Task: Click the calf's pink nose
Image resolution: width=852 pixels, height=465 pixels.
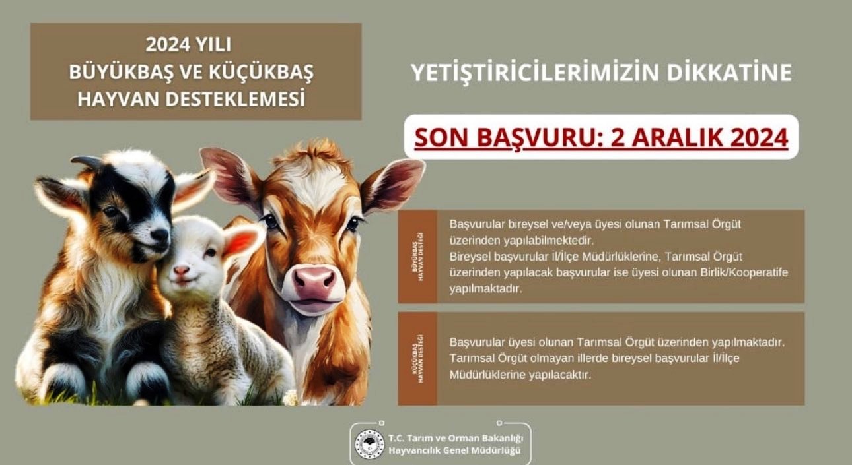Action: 313,282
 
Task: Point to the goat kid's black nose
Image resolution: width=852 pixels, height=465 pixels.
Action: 159,234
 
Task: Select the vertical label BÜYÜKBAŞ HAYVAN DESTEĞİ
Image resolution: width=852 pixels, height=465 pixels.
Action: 417,257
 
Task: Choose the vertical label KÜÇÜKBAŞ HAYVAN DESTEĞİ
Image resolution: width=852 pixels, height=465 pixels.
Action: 417,359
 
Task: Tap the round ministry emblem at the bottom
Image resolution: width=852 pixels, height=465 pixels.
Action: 369,444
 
